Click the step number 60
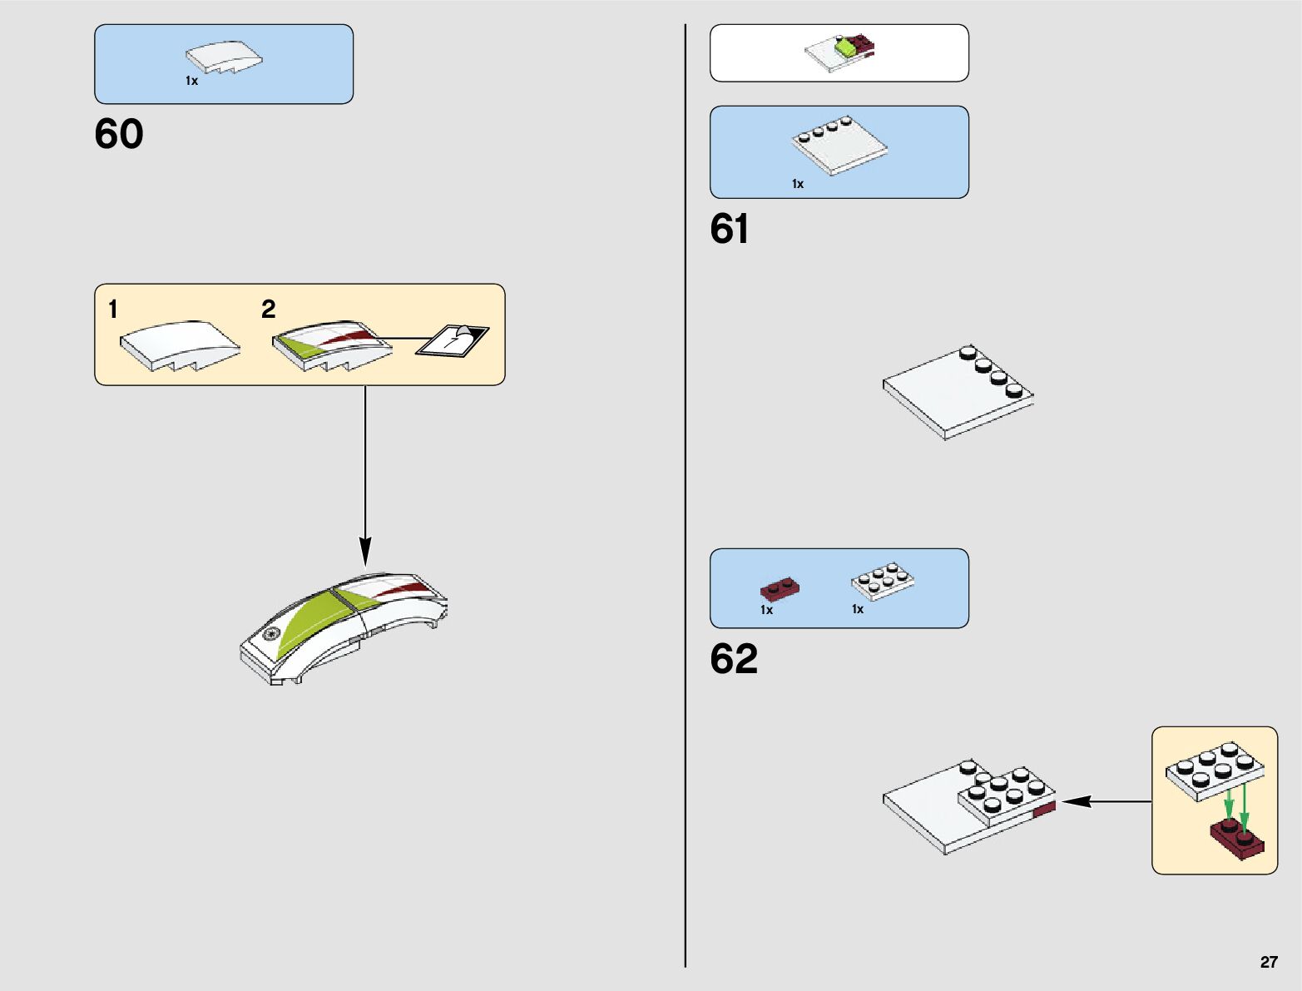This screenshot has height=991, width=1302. (x=119, y=133)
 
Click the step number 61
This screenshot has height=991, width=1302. (x=729, y=228)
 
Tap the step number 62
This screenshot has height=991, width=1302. (x=734, y=658)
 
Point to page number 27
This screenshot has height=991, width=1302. (x=1269, y=962)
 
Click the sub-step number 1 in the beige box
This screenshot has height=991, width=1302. (x=112, y=309)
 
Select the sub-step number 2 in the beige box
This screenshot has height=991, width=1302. (x=268, y=309)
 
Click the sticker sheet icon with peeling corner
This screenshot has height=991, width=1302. (x=453, y=339)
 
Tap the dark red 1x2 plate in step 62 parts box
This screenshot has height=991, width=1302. (x=780, y=589)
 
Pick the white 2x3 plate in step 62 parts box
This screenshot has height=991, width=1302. (x=883, y=581)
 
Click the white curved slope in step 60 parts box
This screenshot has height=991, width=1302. (x=225, y=57)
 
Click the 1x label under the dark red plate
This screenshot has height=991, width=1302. (x=766, y=610)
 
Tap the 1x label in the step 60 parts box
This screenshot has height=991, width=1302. (x=191, y=81)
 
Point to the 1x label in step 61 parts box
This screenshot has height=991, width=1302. (x=798, y=184)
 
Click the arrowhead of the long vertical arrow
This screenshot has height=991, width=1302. (x=365, y=552)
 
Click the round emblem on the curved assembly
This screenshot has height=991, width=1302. (x=273, y=633)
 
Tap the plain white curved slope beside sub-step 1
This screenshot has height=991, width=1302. (x=181, y=346)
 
